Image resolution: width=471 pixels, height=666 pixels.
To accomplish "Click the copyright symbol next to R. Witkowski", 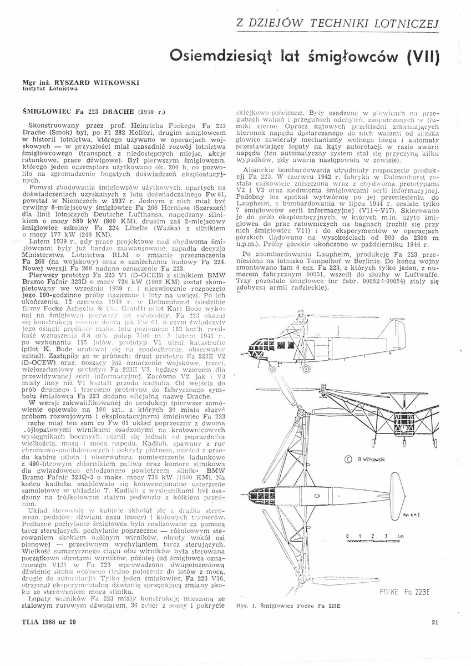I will pos(348,459).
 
